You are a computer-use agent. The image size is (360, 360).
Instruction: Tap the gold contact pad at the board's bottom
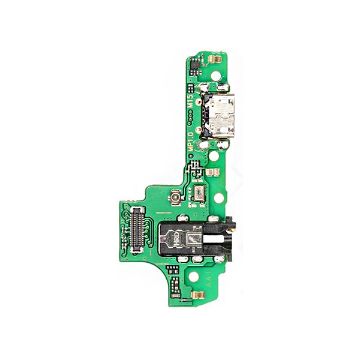(x=196, y=295)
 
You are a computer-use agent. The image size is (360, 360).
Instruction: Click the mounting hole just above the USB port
(x=217, y=77)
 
